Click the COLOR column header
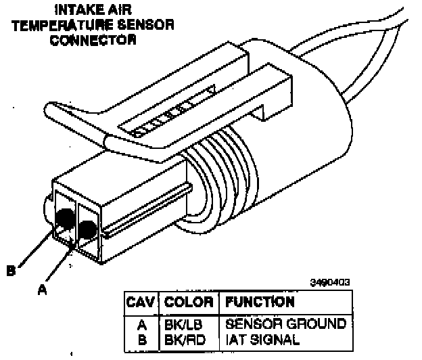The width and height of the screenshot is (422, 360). pyautogui.click(x=189, y=302)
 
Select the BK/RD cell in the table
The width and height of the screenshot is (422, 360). pyautogui.click(x=182, y=337)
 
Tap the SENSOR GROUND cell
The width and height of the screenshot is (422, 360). pyautogui.click(x=285, y=324)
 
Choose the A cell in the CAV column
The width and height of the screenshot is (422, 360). pyautogui.click(x=143, y=324)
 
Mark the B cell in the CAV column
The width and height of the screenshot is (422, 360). pyautogui.click(x=143, y=337)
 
